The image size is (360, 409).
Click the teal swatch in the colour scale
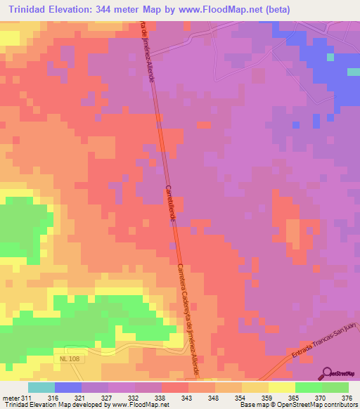[x=41, y=387]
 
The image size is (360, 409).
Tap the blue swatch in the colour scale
[x=67, y=387]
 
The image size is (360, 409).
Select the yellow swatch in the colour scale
[x=281, y=387]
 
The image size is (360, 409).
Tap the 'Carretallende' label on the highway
[x=170, y=204]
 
